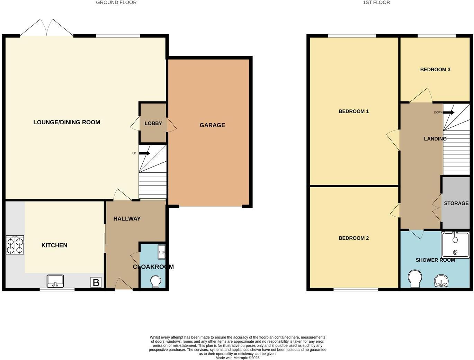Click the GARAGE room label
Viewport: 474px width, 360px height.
[x=212, y=125]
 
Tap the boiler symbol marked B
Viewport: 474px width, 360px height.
[x=96, y=282]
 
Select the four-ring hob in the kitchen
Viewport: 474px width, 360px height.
[x=15, y=245]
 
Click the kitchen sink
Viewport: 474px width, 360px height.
[x=55, y=281]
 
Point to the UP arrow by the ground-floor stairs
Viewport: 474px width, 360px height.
[x=144, y=153]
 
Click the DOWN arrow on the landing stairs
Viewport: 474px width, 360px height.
[x=449, y=112]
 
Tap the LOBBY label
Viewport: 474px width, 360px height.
[x=153, y=123]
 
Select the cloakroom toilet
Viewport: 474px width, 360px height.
[x=156, y=281]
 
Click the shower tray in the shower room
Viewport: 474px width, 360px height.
[x=455, y=245]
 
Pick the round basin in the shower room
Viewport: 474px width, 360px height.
[x=441, y=281]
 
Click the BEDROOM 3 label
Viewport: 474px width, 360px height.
[x=435, y=70]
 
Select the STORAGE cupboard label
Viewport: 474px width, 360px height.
[x=456, y=203]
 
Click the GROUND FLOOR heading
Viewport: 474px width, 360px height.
[x=116, y=2]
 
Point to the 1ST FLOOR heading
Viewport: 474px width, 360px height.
[x=376, y=2]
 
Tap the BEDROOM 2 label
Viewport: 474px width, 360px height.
[x=354, y=238]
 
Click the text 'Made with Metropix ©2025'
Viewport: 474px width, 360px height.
[x=237, y=358]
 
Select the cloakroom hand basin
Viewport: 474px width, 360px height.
[x=161, y=252]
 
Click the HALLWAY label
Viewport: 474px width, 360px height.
[x=127, y=219]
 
